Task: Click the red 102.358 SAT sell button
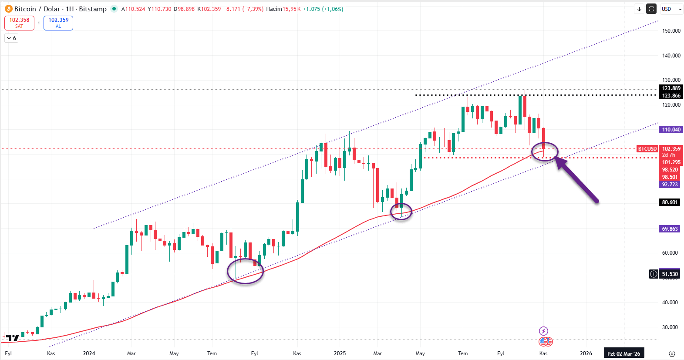point(19,23)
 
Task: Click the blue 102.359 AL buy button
point(58,23)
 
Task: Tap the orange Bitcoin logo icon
point(8,9)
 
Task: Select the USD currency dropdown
point(671,9)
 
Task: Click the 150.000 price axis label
point(671,31)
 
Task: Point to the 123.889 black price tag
point(671,88)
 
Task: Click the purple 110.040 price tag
point(671,130)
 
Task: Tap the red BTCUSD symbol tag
point(647,149)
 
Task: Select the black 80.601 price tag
point(670,202)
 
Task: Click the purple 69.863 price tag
point(670,229)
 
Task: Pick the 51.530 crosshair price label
point(670,274)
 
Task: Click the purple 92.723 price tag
point(670,185)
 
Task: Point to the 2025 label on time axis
point(340,353)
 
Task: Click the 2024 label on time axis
point(89,353)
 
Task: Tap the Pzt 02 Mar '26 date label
point(623,353)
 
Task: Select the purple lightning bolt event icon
point(543,331)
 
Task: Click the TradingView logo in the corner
point(13,338)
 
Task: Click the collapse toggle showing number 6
point(11,38)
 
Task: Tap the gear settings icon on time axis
point(672,353)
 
